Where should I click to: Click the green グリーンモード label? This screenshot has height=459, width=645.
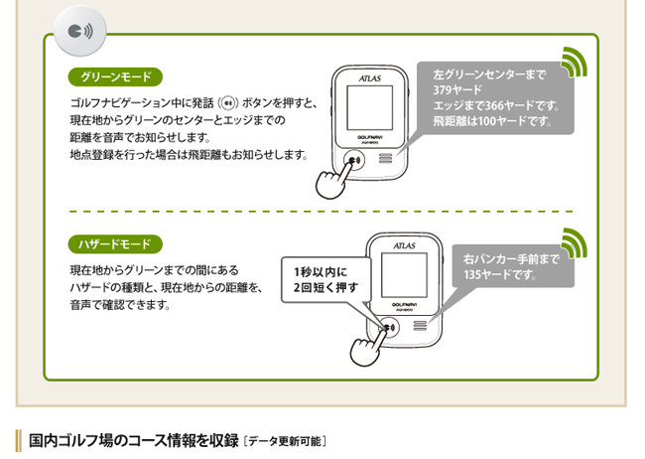click(x=114, y=76)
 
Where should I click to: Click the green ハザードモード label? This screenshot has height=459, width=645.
click(x=114, y=243)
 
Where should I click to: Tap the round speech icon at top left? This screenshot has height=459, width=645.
click(x=78, y=31)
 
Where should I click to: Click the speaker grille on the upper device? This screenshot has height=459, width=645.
click(x=383, y=158)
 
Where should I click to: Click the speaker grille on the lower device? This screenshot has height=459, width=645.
click(x=419, y=326)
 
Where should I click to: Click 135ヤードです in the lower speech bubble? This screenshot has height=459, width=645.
click(x=500, y=275)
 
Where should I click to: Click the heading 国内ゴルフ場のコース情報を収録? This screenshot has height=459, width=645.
click(x=133, y=439)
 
